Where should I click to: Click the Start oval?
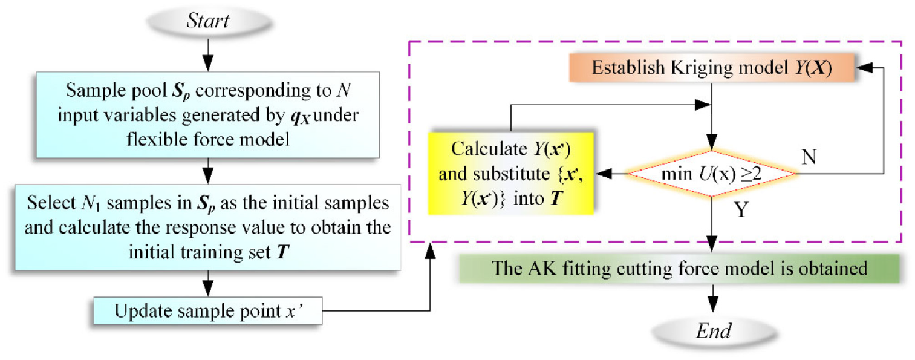point(208,21)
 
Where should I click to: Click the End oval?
point(713,331)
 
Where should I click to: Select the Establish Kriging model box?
point(712,67)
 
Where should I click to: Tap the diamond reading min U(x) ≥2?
point(712,174)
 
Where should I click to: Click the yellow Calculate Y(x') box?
point(510,173)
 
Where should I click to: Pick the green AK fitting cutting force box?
point(679,269)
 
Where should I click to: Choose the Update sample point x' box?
point(208,311)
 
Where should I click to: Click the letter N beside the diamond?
point(809,157)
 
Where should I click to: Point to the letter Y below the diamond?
point(741,209)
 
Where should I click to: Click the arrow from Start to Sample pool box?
point(208,55)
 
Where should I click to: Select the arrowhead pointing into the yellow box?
point(604,174)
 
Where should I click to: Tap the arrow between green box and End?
point(713,298)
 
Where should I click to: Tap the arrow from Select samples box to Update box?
point(208,284)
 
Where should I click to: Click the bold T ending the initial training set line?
point(283,252)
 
